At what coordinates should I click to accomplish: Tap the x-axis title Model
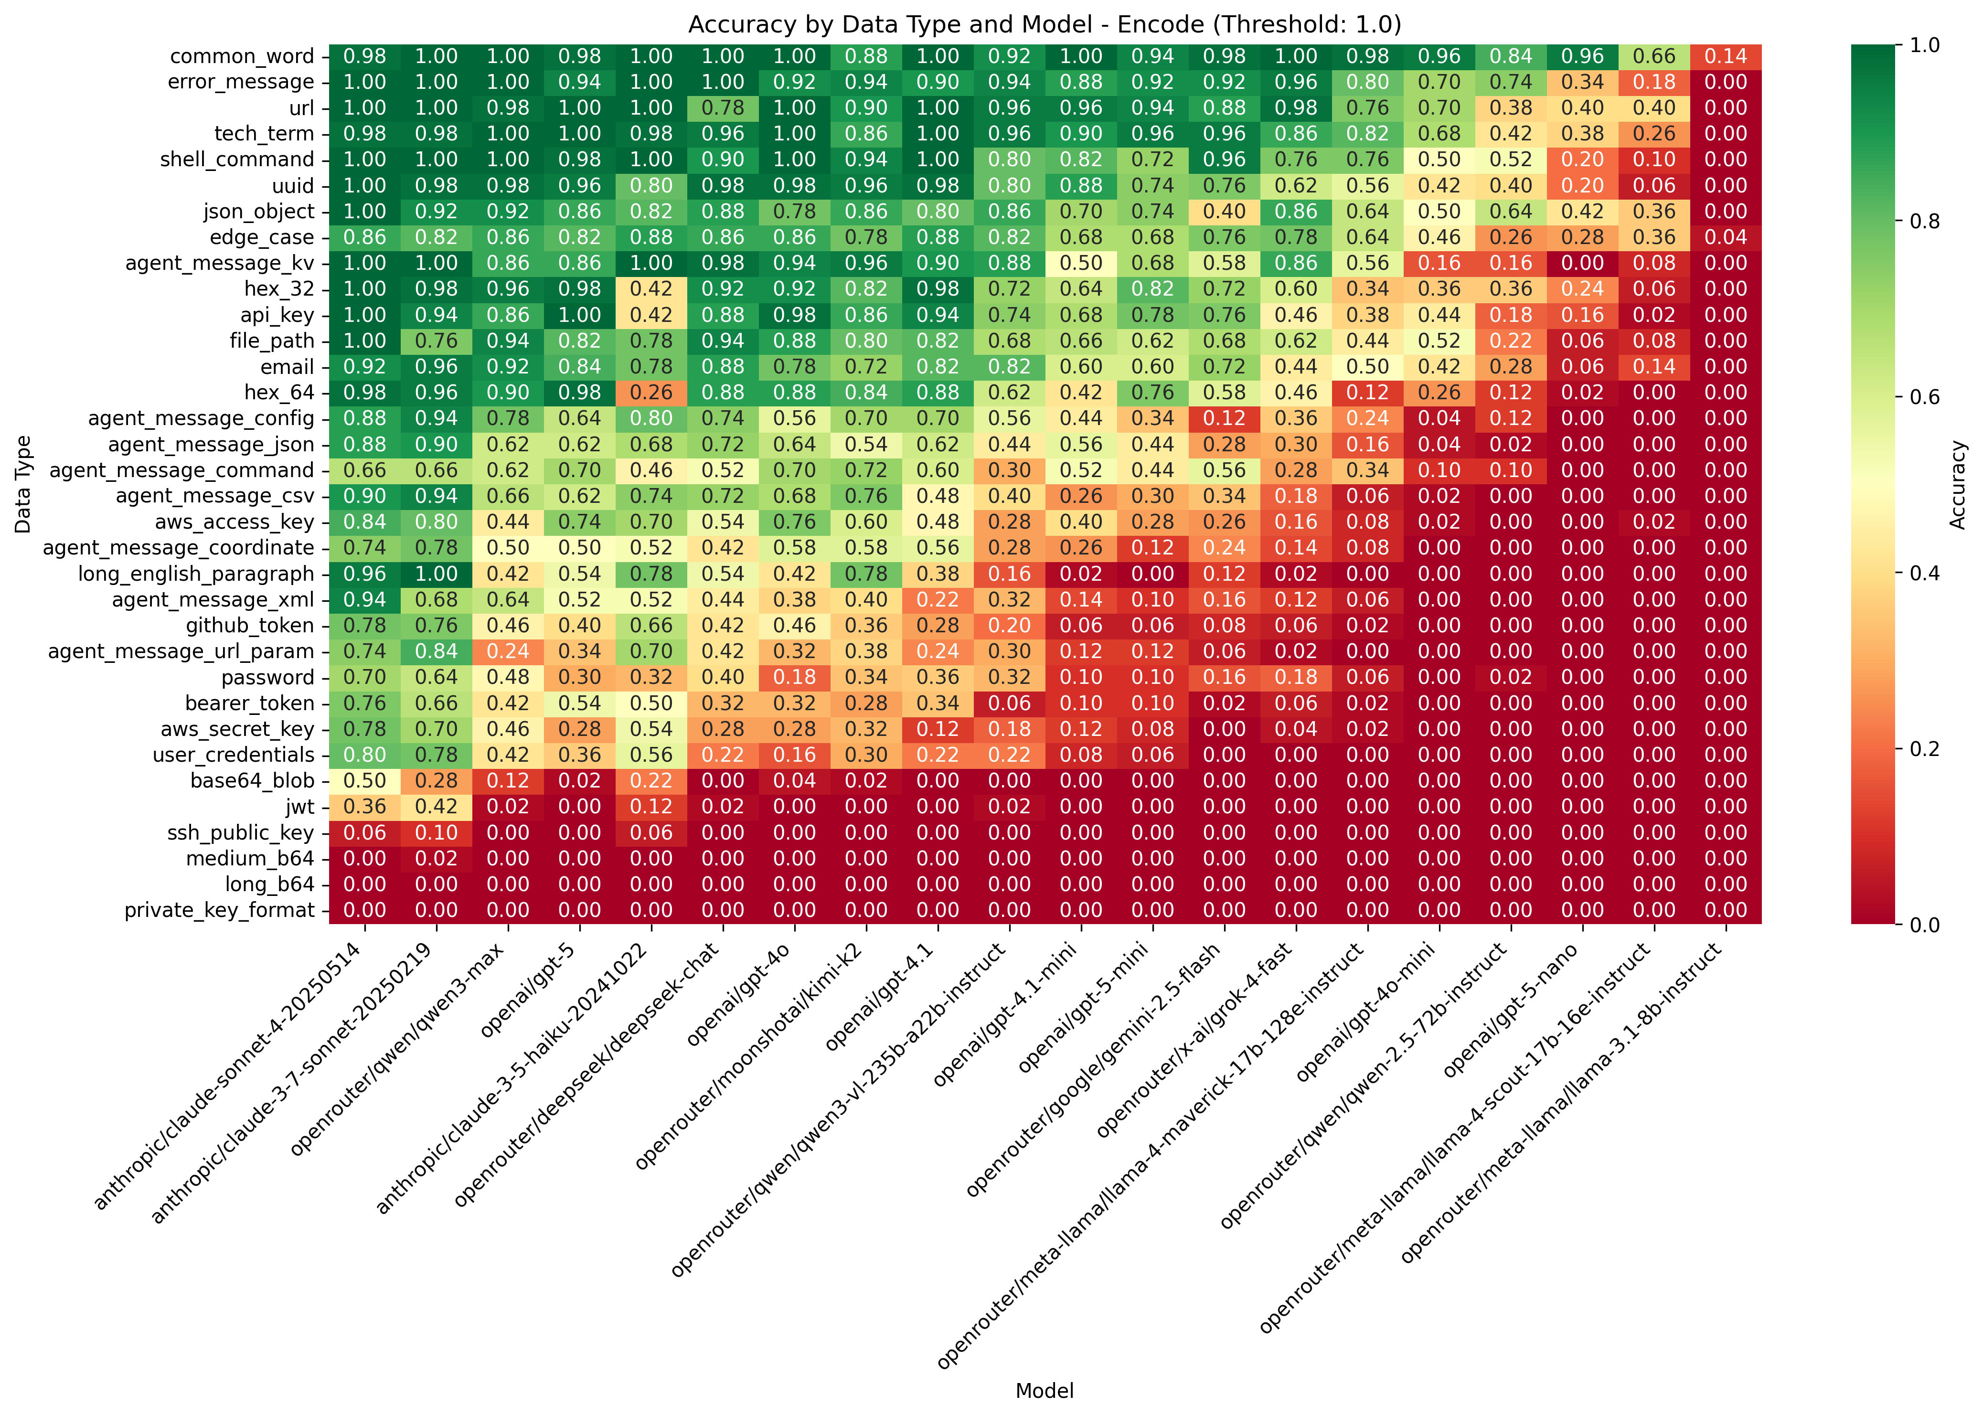tap(1044, 1391)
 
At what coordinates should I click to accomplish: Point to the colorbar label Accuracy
tap(1958, 484)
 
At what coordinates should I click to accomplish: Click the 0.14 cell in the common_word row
tap(1726, 57)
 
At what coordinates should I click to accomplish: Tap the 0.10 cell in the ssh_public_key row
tap(436, 833)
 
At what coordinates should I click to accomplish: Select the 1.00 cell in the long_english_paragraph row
tap(436, 574)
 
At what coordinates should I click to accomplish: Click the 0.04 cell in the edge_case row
tap(1726, 237)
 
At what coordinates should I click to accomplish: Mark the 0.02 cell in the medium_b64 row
tap(436, 859)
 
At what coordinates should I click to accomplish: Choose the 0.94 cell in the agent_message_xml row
tap(364, 600)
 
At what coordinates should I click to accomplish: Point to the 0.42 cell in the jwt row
tap(436, 807)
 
